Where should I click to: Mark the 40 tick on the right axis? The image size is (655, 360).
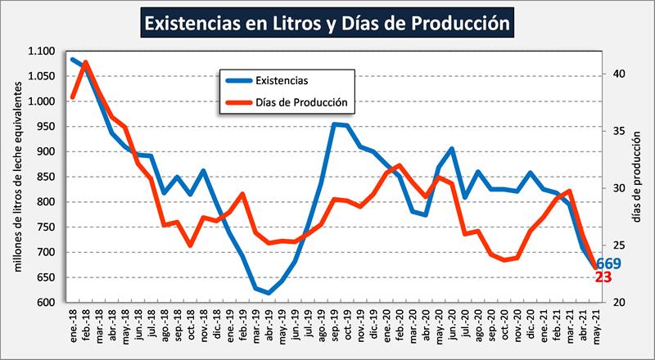618,74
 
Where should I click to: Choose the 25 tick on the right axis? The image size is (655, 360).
618,245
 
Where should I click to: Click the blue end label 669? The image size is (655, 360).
608,263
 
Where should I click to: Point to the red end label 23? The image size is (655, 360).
603,278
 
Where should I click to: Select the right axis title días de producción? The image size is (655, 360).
637,177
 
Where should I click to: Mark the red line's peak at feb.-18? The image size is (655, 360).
86,62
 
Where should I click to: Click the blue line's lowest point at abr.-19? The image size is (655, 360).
268,292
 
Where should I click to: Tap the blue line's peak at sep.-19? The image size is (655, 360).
334,124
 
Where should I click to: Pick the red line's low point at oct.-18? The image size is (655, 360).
190,245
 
